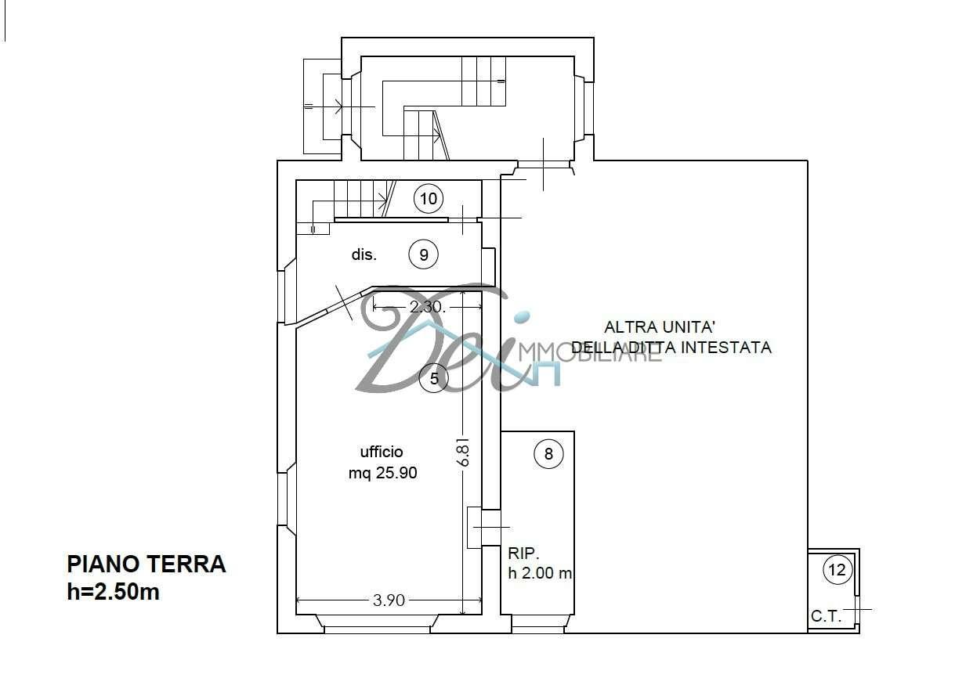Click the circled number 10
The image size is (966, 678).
pos(429,199)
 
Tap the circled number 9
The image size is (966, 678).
pos(424,254)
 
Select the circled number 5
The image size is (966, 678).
pos(434,378)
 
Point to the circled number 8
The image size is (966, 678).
pos(548,453)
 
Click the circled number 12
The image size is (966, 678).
pos(838,570)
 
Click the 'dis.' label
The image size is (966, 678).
pos(364,254)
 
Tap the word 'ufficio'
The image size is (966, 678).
pos(382,452)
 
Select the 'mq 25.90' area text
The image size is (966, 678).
pos(383,473)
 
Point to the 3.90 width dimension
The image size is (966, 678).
pos(389,600)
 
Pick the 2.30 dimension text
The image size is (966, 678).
pos(427,307)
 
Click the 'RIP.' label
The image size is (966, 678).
pos(524,553)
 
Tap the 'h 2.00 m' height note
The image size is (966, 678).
pos(540,573)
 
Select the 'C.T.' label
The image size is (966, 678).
pos(827,616)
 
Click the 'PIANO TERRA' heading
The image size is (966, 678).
pos(147,564)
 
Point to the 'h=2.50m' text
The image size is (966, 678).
pos(113,592)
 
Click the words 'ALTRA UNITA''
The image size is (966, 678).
pos(660,327)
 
